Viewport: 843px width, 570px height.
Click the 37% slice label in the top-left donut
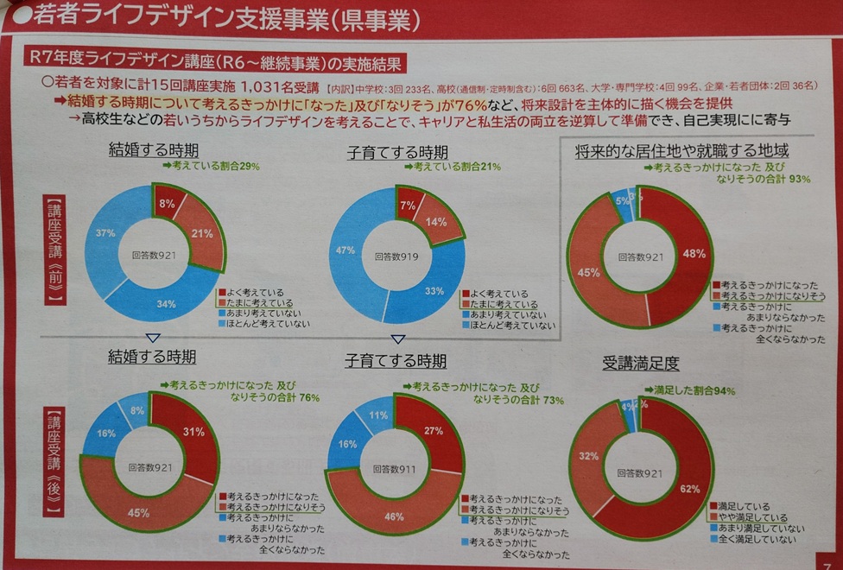105,233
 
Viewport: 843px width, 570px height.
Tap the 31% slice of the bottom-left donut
193,433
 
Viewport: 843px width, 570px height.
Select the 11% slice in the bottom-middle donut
377,415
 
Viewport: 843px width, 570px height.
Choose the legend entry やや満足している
751,516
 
